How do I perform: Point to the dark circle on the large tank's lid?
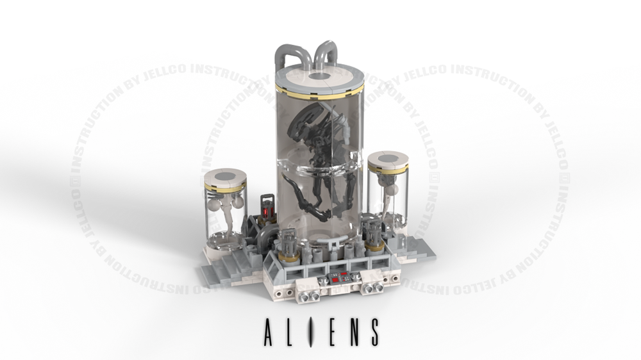click(319, 76)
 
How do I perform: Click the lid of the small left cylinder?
click(225, 177)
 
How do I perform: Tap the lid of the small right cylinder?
click(388, 160)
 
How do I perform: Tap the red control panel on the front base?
click(338, 278)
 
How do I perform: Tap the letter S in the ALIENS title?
click(371, 331)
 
